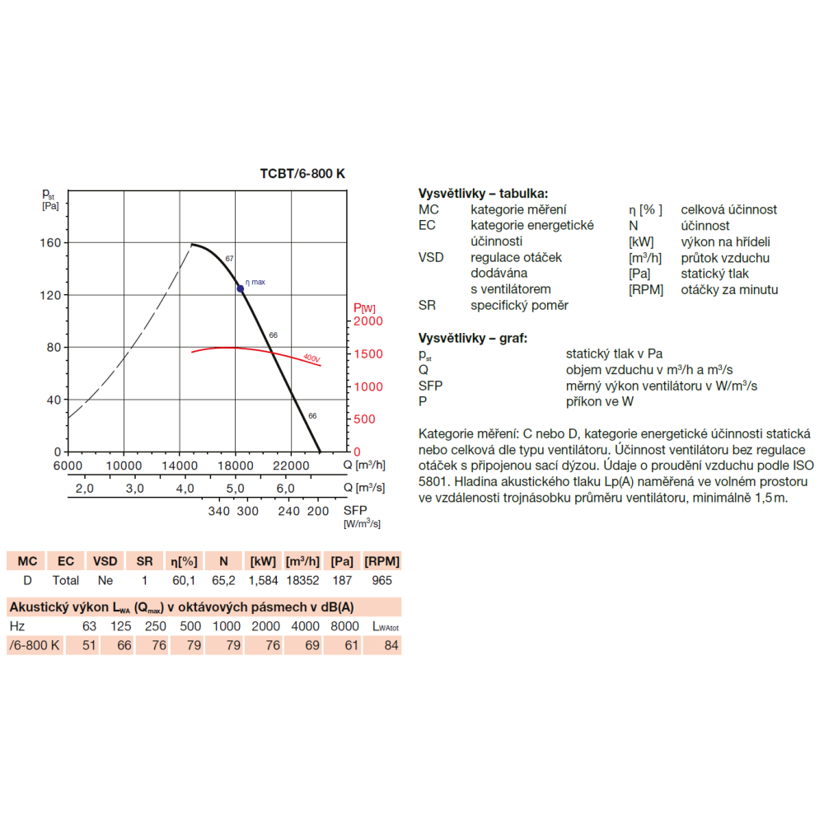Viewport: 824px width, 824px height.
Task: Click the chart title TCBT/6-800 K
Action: point(302,174)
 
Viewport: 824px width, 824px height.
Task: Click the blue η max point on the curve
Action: point(241,288)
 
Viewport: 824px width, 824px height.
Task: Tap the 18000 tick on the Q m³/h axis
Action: point(236,465)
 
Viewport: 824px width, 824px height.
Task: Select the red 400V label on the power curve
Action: point(311,358)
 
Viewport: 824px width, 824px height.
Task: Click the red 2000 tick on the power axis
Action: point(368,321)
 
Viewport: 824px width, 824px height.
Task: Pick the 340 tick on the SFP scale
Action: point(218,512)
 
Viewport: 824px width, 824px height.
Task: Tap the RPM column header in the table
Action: point(382,561)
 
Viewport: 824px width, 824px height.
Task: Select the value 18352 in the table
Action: point(302,581)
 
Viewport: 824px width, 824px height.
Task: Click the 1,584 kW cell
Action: point(263,581)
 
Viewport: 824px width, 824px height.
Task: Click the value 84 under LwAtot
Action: point(391,645)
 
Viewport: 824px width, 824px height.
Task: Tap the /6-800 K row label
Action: point(34,645)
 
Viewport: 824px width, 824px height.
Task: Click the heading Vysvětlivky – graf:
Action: point(473,338)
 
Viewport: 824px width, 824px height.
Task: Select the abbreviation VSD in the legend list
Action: point(431,257)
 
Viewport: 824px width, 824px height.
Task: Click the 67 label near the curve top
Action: point(230,259)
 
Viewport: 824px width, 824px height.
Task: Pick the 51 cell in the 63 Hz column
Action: point(90,645)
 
